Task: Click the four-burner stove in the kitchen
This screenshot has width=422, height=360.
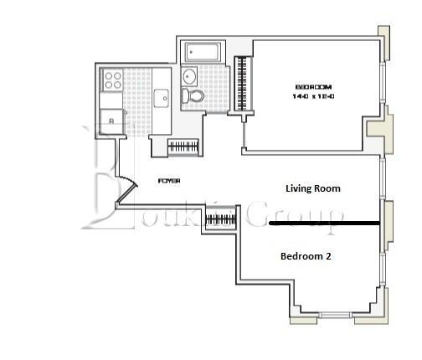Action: click(x=112, y=80)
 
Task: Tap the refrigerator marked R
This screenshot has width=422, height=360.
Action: click(x=111, y=119)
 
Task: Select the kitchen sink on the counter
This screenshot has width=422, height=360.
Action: click(x=162, y=98)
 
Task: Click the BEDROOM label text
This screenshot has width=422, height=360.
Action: click(x=314, y=87)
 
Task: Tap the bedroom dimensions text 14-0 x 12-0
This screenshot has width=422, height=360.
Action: click(x=314, y=97)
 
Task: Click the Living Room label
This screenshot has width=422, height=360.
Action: click(x=313, y=188)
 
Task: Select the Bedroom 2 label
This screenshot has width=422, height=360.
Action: click(x=306, y=256)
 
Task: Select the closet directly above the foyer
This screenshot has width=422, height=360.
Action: click(x=183, y=147)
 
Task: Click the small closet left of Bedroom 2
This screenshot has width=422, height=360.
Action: click(x=221, y=221)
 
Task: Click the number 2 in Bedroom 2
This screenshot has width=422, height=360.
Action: click(x=329, y=256)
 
